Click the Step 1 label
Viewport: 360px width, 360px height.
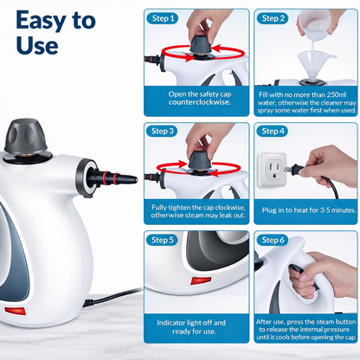[164, 18]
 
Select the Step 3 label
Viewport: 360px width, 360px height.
[164, 131]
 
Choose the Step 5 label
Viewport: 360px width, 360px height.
[164, 240]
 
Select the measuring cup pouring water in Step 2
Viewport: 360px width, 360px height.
[321, 22]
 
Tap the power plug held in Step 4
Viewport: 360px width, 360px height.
[299, 171]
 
